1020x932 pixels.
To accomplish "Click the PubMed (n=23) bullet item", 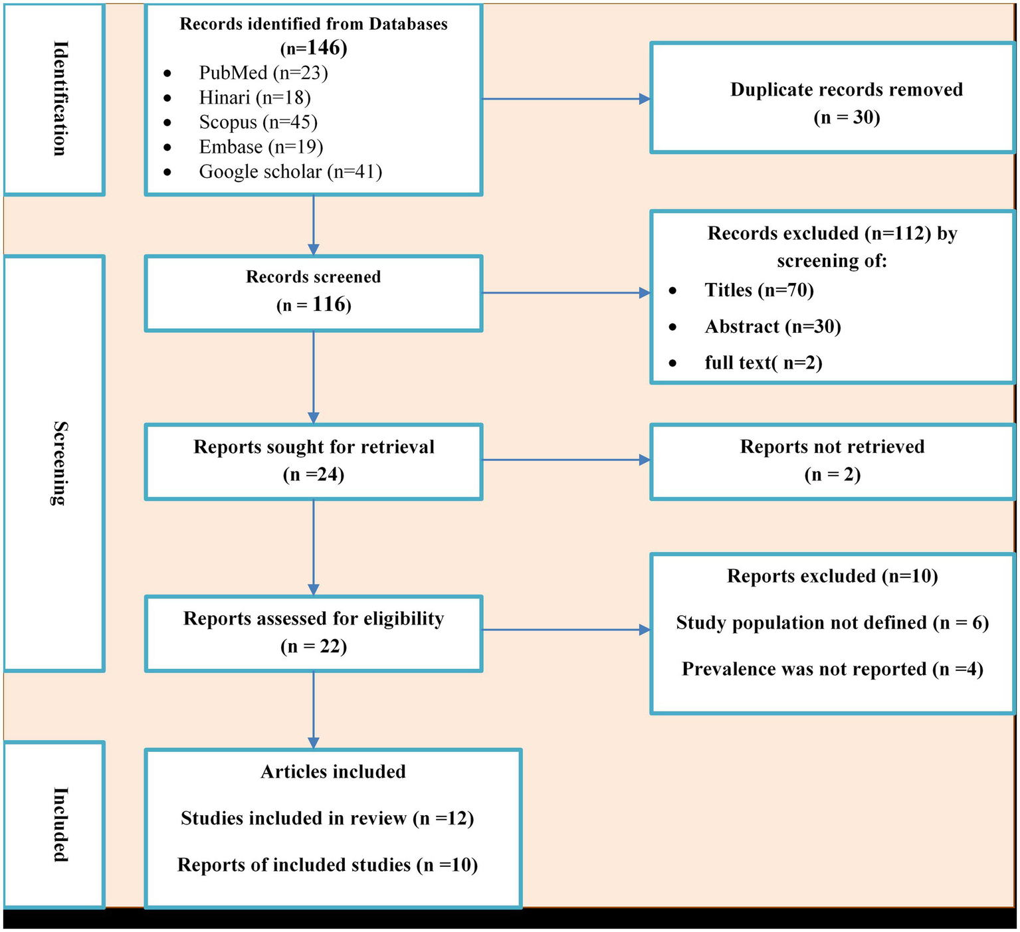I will [263, 72].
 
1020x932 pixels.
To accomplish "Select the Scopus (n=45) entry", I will [258, 122].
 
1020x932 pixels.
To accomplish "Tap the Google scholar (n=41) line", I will [290, 171].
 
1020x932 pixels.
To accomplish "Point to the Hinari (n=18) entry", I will [255, 98].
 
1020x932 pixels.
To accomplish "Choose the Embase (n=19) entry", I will [260, 147].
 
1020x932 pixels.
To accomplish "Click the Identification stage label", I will [60, 98].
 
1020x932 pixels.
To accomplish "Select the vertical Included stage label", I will [60, 824].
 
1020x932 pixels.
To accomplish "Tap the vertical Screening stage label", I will [60, 463].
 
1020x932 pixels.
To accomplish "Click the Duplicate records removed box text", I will [846, 103].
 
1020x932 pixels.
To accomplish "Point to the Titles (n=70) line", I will [759, 290].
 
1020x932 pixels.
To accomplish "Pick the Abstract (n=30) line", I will [772, 327].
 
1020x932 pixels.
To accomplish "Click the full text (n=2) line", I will [763, 363].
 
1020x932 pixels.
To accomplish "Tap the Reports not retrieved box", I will [832, 460].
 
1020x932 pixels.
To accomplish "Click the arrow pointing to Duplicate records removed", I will [565, 99].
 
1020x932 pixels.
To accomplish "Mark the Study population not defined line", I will [832, 623].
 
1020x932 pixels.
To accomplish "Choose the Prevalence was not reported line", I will [832, 669].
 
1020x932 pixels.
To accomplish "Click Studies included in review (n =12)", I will [327, 818].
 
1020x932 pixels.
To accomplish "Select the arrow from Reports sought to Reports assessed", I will [314, 546].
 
